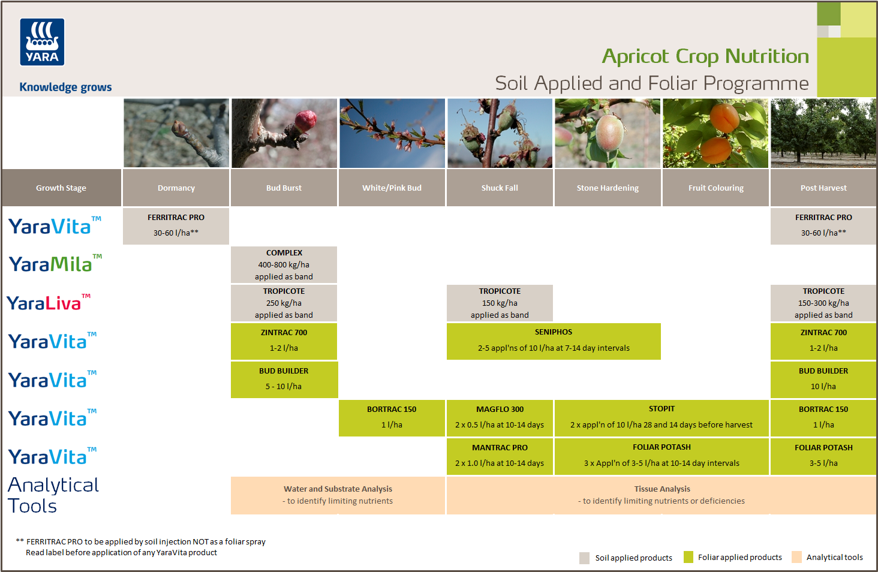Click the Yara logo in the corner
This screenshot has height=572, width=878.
(x=42, y=42)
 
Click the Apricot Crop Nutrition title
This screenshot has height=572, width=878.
(x=705, y=56)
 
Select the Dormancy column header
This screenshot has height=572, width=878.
(x=176, y=188)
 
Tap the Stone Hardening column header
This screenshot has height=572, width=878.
(x=608, y=188)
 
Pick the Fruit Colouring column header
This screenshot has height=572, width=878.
(x=715, y=188)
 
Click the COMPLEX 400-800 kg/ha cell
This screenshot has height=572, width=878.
(x=284, y=264)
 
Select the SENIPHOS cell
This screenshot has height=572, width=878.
(x=554, y=341)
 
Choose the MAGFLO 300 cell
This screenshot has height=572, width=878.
(x=500, y=417)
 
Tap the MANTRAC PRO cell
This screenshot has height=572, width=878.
(x=500, y=456)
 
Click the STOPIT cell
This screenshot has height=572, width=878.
(x=661, y=417)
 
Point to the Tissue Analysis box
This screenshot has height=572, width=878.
(x=661, y=495)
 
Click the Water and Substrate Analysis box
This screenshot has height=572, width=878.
(x=338, y=495)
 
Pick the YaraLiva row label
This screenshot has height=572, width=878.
(x=49, y=302)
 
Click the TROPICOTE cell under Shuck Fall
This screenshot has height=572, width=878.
(x=500, y=303)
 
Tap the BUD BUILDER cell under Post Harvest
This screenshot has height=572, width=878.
(x=823, y=379)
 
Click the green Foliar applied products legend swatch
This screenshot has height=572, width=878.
(x=688, y=557)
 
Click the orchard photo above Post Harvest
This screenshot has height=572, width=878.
(x=823, y=133)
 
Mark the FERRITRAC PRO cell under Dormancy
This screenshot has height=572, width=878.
(x=176, y=225)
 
